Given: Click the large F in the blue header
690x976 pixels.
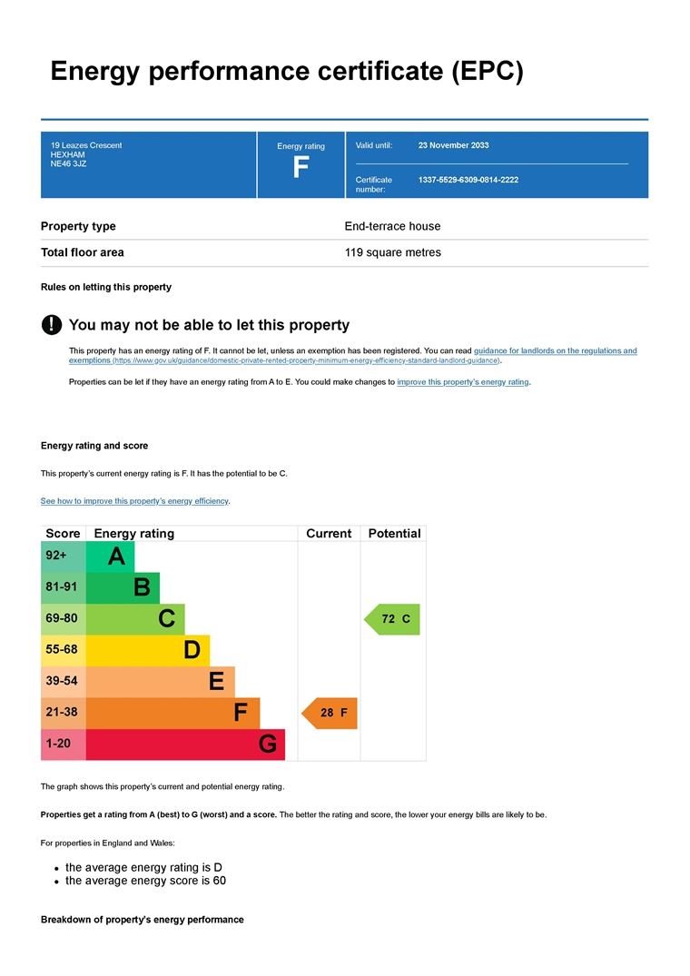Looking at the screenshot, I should click(x=301, y=168).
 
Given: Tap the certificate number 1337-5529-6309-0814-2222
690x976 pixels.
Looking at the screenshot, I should click(x=468, y=180).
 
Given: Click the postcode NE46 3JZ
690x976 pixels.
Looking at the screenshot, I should click(x=69, y=164).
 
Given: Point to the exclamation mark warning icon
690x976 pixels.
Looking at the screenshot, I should click(x=52, y=324).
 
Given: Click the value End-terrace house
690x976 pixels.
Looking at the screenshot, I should click(x=392, y=226).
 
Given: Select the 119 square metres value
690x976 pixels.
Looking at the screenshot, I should click(x=392, y=252).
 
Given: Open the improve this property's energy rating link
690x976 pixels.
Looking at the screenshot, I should click(x=463, y=382).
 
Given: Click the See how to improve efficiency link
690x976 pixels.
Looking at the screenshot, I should click(x=134, y=501).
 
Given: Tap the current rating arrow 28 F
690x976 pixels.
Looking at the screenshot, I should click(x=330, y=714).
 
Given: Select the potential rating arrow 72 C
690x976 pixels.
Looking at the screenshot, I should click(x=393, y=619).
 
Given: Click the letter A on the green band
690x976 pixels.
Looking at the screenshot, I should click(x=116, y=557).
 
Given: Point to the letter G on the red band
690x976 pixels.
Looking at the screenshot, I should click(x=267, y=745).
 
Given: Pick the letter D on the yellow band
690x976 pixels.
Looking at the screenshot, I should click(x=192, y=650).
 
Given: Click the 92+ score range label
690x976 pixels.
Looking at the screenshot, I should click(x=56, y=556).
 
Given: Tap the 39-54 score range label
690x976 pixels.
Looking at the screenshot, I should click(x=62, y=681).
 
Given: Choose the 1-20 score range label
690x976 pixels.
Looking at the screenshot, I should click(x=59, y=744).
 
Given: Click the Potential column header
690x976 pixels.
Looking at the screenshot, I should click(x=394, y=534).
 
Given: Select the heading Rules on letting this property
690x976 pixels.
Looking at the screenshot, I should click(x=106, y=287).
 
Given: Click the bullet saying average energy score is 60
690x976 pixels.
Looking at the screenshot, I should click(x=145, y=881).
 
